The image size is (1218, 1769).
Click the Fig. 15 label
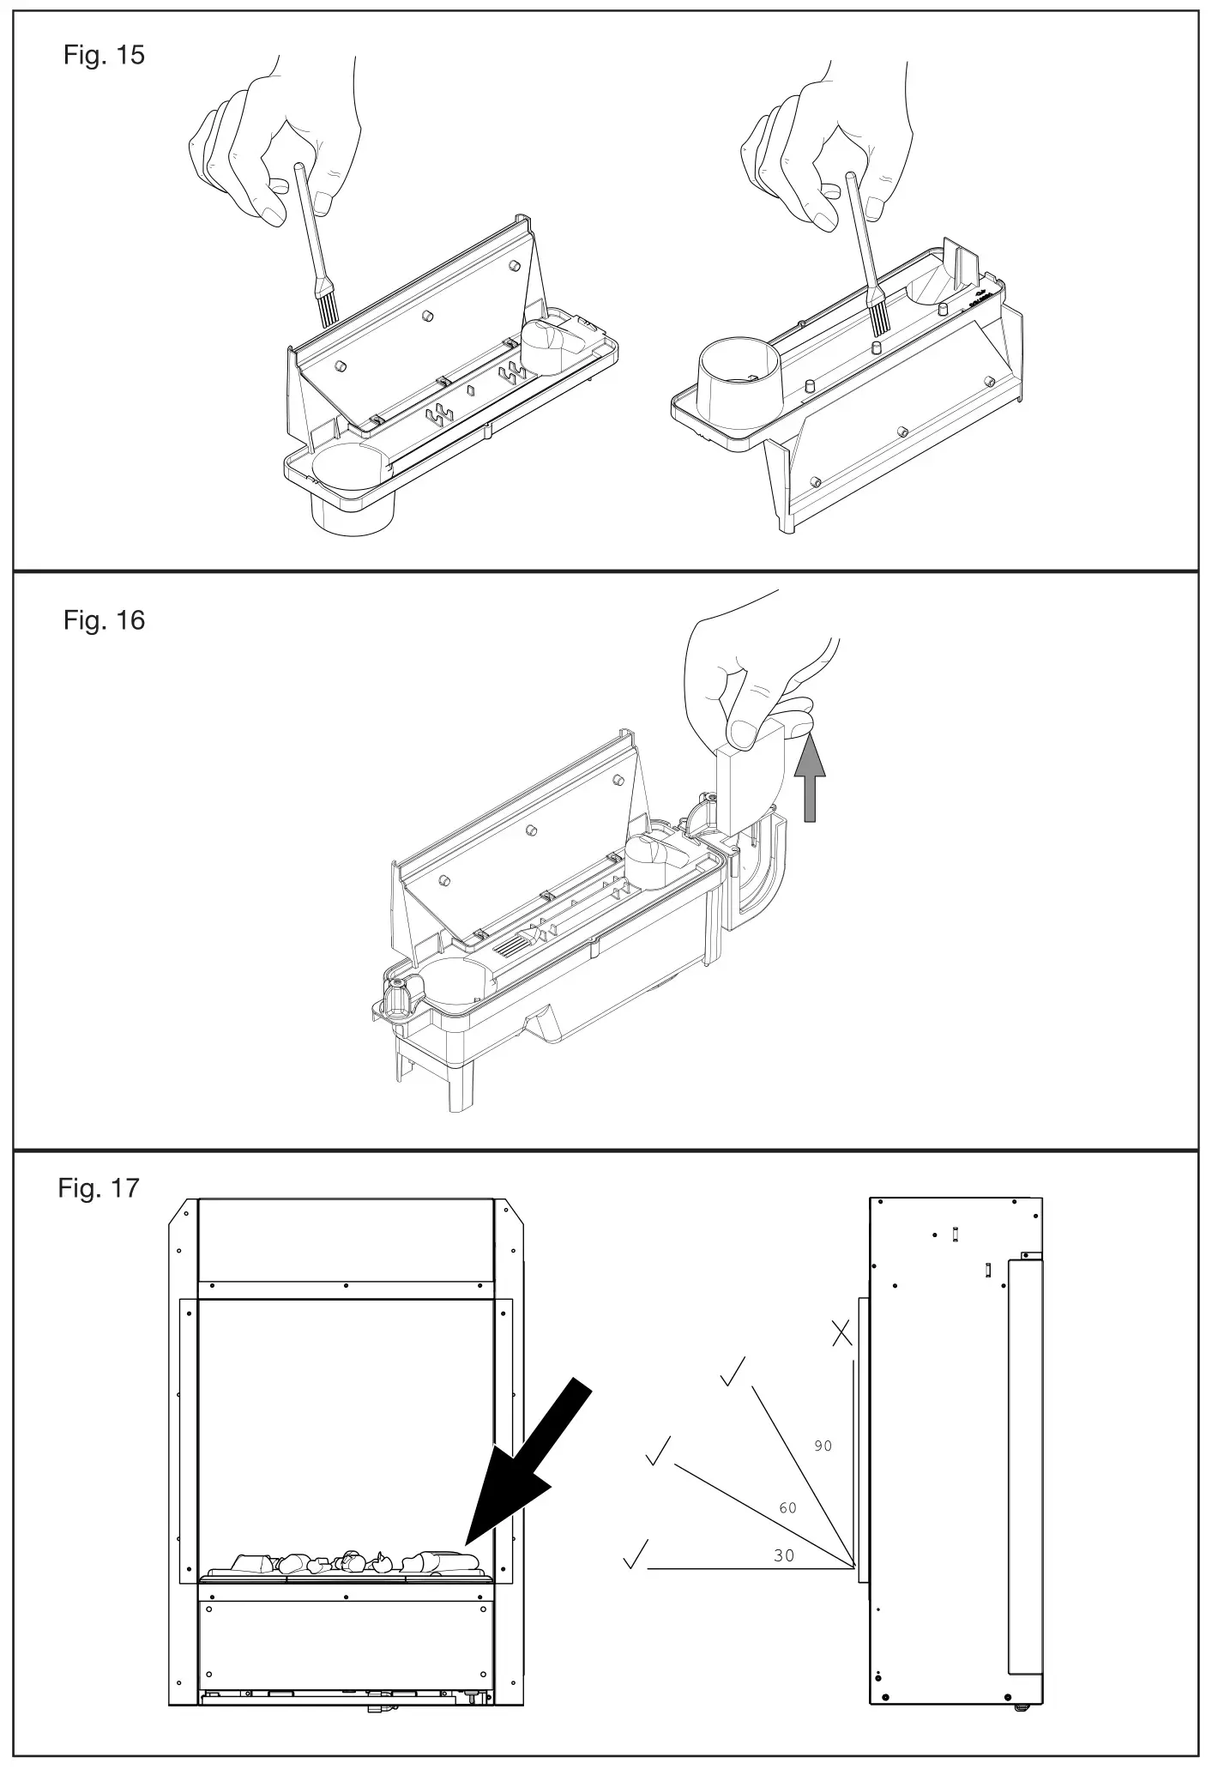pyautogui.click(x=104, y=56)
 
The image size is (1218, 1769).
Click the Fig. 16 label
pyautogui.click(x=104, y=620)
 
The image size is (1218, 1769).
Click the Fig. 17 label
pyautogui.click(x=99, y=1188)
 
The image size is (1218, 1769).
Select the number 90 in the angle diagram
pyautogui.click(x=823, y=1446)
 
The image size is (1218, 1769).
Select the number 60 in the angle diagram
pyautogui.click(x=787, y=1507)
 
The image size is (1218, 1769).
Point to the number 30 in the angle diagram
pyautogui.click(x=784, y=1555)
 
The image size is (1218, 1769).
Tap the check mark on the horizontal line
pyautogui.click(x=636, y=1554)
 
